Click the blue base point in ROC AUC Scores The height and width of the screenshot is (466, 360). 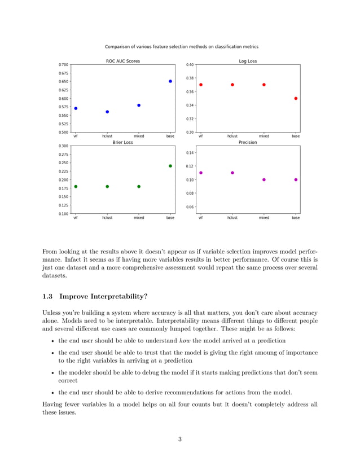coord(170,81)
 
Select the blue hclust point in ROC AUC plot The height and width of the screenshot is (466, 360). coord(107,112)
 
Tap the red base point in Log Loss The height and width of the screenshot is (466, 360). coord(296,98)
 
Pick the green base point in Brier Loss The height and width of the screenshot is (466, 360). coord(170,166)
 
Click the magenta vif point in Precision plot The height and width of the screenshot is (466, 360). coord(201,173)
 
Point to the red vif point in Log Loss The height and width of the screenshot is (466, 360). coord(201,85)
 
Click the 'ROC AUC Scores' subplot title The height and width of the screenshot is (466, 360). coord(123,61)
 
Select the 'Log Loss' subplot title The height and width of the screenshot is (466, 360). coord(248,61)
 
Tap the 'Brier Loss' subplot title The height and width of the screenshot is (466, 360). coord(123,143)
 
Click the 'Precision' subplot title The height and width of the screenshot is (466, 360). coord(248,143)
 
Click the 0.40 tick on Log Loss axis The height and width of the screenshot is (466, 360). coord(190,65)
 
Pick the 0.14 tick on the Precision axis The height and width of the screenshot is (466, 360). coord(190,153)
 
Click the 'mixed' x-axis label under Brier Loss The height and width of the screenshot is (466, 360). coord(139,217)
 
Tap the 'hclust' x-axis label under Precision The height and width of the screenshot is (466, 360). coord(232,217)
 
